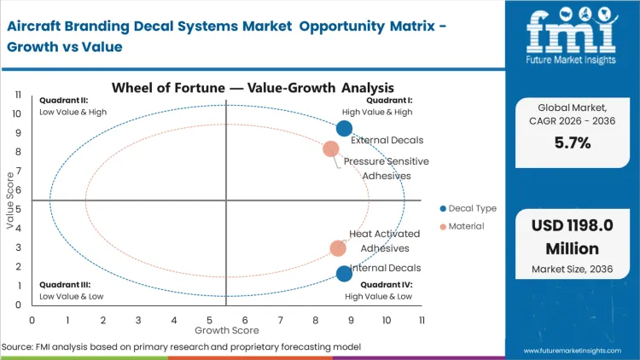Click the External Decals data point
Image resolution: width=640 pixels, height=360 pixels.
coord(344,129)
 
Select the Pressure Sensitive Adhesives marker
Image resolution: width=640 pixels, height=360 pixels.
coord(331,149)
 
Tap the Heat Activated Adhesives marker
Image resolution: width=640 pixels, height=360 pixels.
coord(338,248)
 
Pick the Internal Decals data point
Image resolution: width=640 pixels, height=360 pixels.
coord(344,274)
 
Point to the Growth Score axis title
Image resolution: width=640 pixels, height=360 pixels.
coord(226,329)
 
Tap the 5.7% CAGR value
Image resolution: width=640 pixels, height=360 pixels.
coord(572,143)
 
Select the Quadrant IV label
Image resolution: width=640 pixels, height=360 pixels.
coord(386,285)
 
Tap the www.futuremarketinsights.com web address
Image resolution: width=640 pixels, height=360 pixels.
coord(572,351)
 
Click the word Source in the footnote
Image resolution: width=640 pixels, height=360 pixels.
coord(17,347)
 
